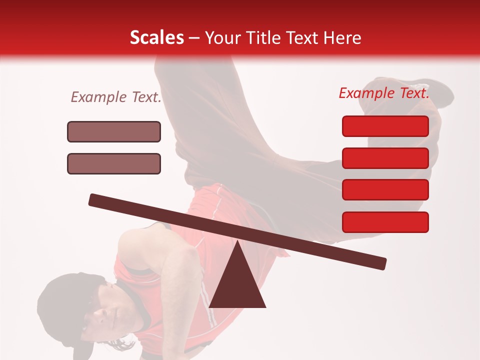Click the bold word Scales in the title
(x=156, y=37)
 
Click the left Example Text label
(x=116, y=97)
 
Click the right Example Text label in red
(x=384, y=93)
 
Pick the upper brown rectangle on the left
(x=114, y=131)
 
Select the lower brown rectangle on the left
(x=114, y=163)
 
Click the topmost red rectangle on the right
(x=385, y=126)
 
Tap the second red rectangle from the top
(x=385, y=158)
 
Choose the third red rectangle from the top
(x=385, y=190)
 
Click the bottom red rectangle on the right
(x=385, y=222)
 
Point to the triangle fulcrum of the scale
(x=237, y=282)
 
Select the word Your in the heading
(x=220, y=37)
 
